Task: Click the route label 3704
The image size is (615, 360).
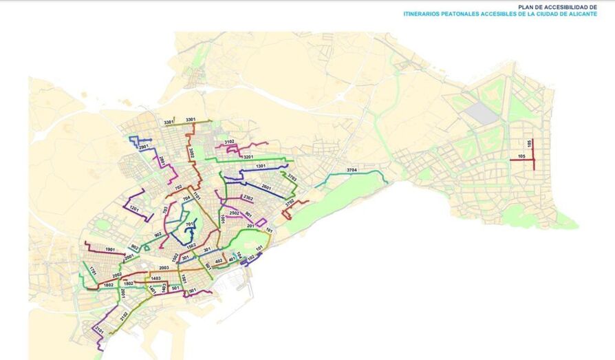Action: pos(352,169)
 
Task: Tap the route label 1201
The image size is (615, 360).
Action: pos(134,209)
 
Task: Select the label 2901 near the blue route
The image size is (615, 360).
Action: pos(143,147)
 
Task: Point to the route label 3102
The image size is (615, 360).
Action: pos(230,142)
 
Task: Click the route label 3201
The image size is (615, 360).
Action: pos(248,157)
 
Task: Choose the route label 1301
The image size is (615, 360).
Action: pos(261,166)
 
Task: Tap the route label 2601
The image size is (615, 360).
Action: pos(267,187)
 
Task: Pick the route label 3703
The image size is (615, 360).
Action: pos(292,178)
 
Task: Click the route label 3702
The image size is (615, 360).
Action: pos(290,202)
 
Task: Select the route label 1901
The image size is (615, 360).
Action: pos(109,248)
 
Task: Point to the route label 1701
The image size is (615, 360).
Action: pos(91,271)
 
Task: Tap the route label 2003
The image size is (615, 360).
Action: pos(164,268)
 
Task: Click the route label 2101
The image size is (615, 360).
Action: pos(99,331)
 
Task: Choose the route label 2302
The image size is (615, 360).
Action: pos(248,198)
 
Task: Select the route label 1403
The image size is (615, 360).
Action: pos(155,278)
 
